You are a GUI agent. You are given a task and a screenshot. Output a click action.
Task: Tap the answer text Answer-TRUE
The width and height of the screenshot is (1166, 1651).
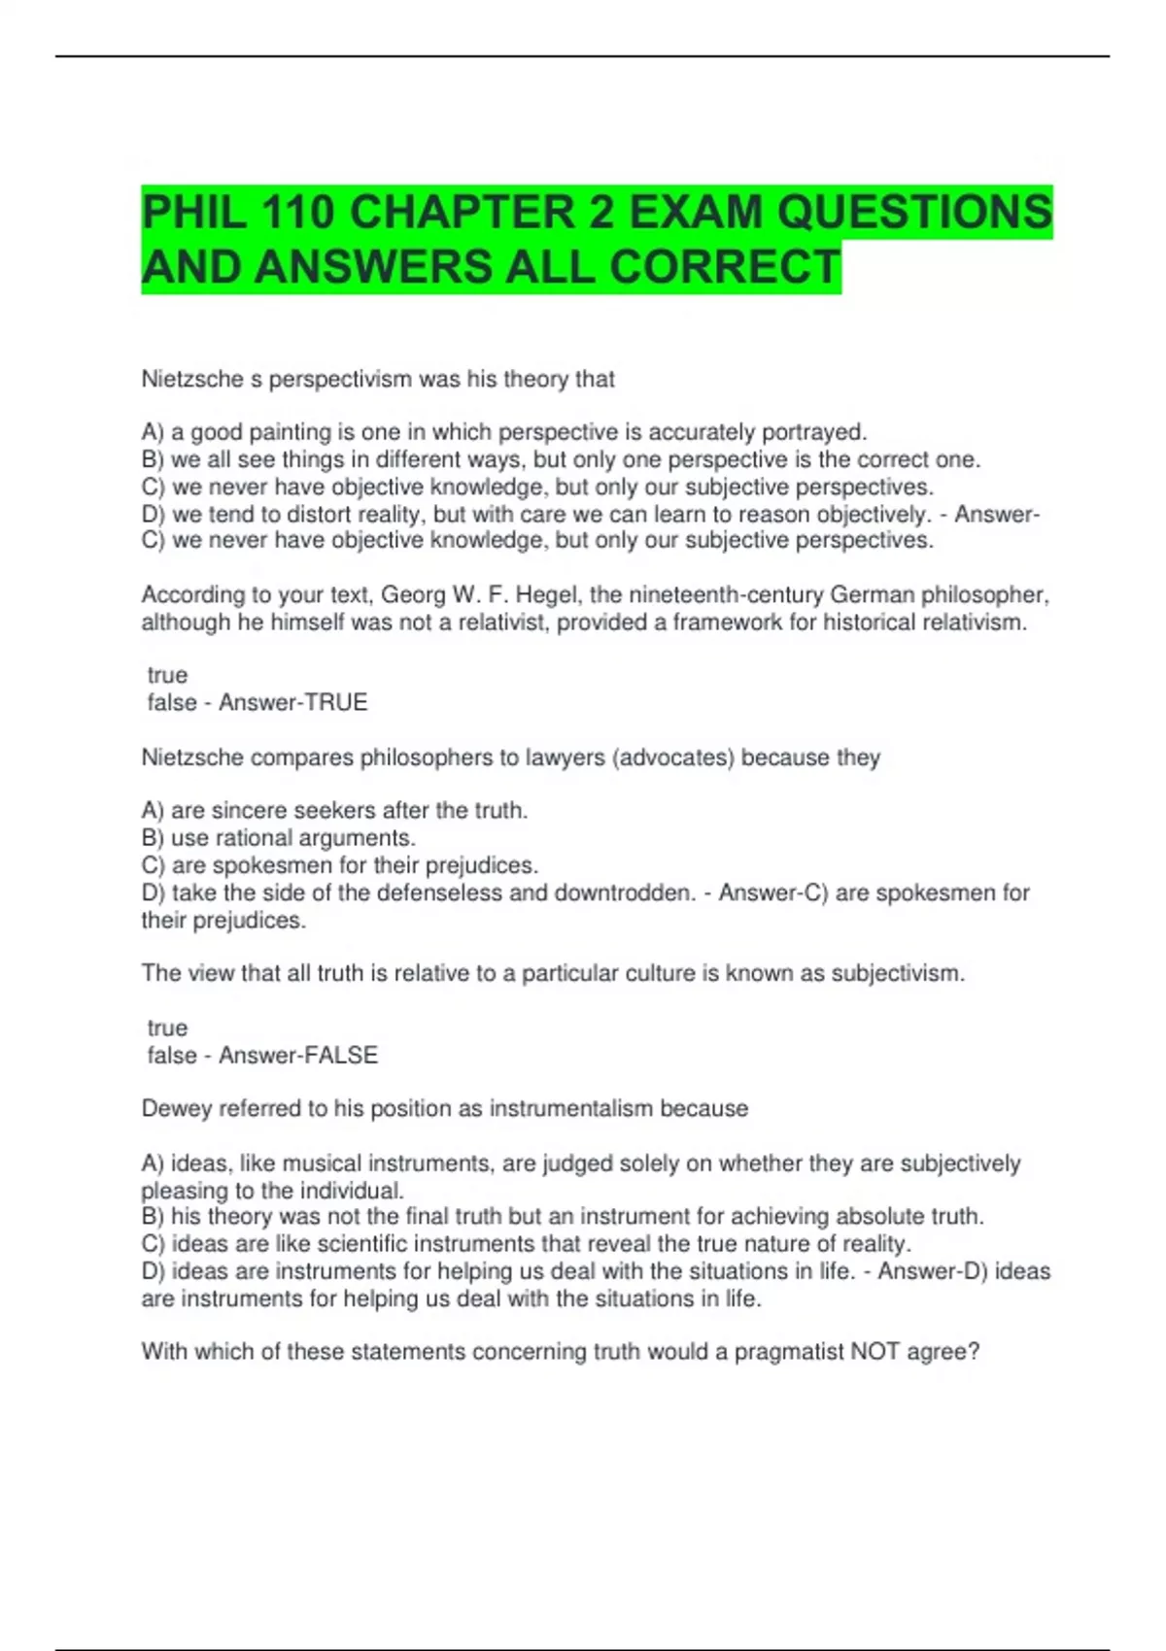tap(292, 702)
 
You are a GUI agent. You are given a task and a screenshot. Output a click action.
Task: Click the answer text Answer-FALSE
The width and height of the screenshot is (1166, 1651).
tap(297, 1055)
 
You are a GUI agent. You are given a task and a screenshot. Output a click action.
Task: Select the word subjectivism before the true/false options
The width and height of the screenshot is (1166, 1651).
tap(896, 973)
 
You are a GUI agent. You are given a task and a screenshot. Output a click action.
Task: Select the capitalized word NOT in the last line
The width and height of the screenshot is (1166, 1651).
tap(875, 1351)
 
